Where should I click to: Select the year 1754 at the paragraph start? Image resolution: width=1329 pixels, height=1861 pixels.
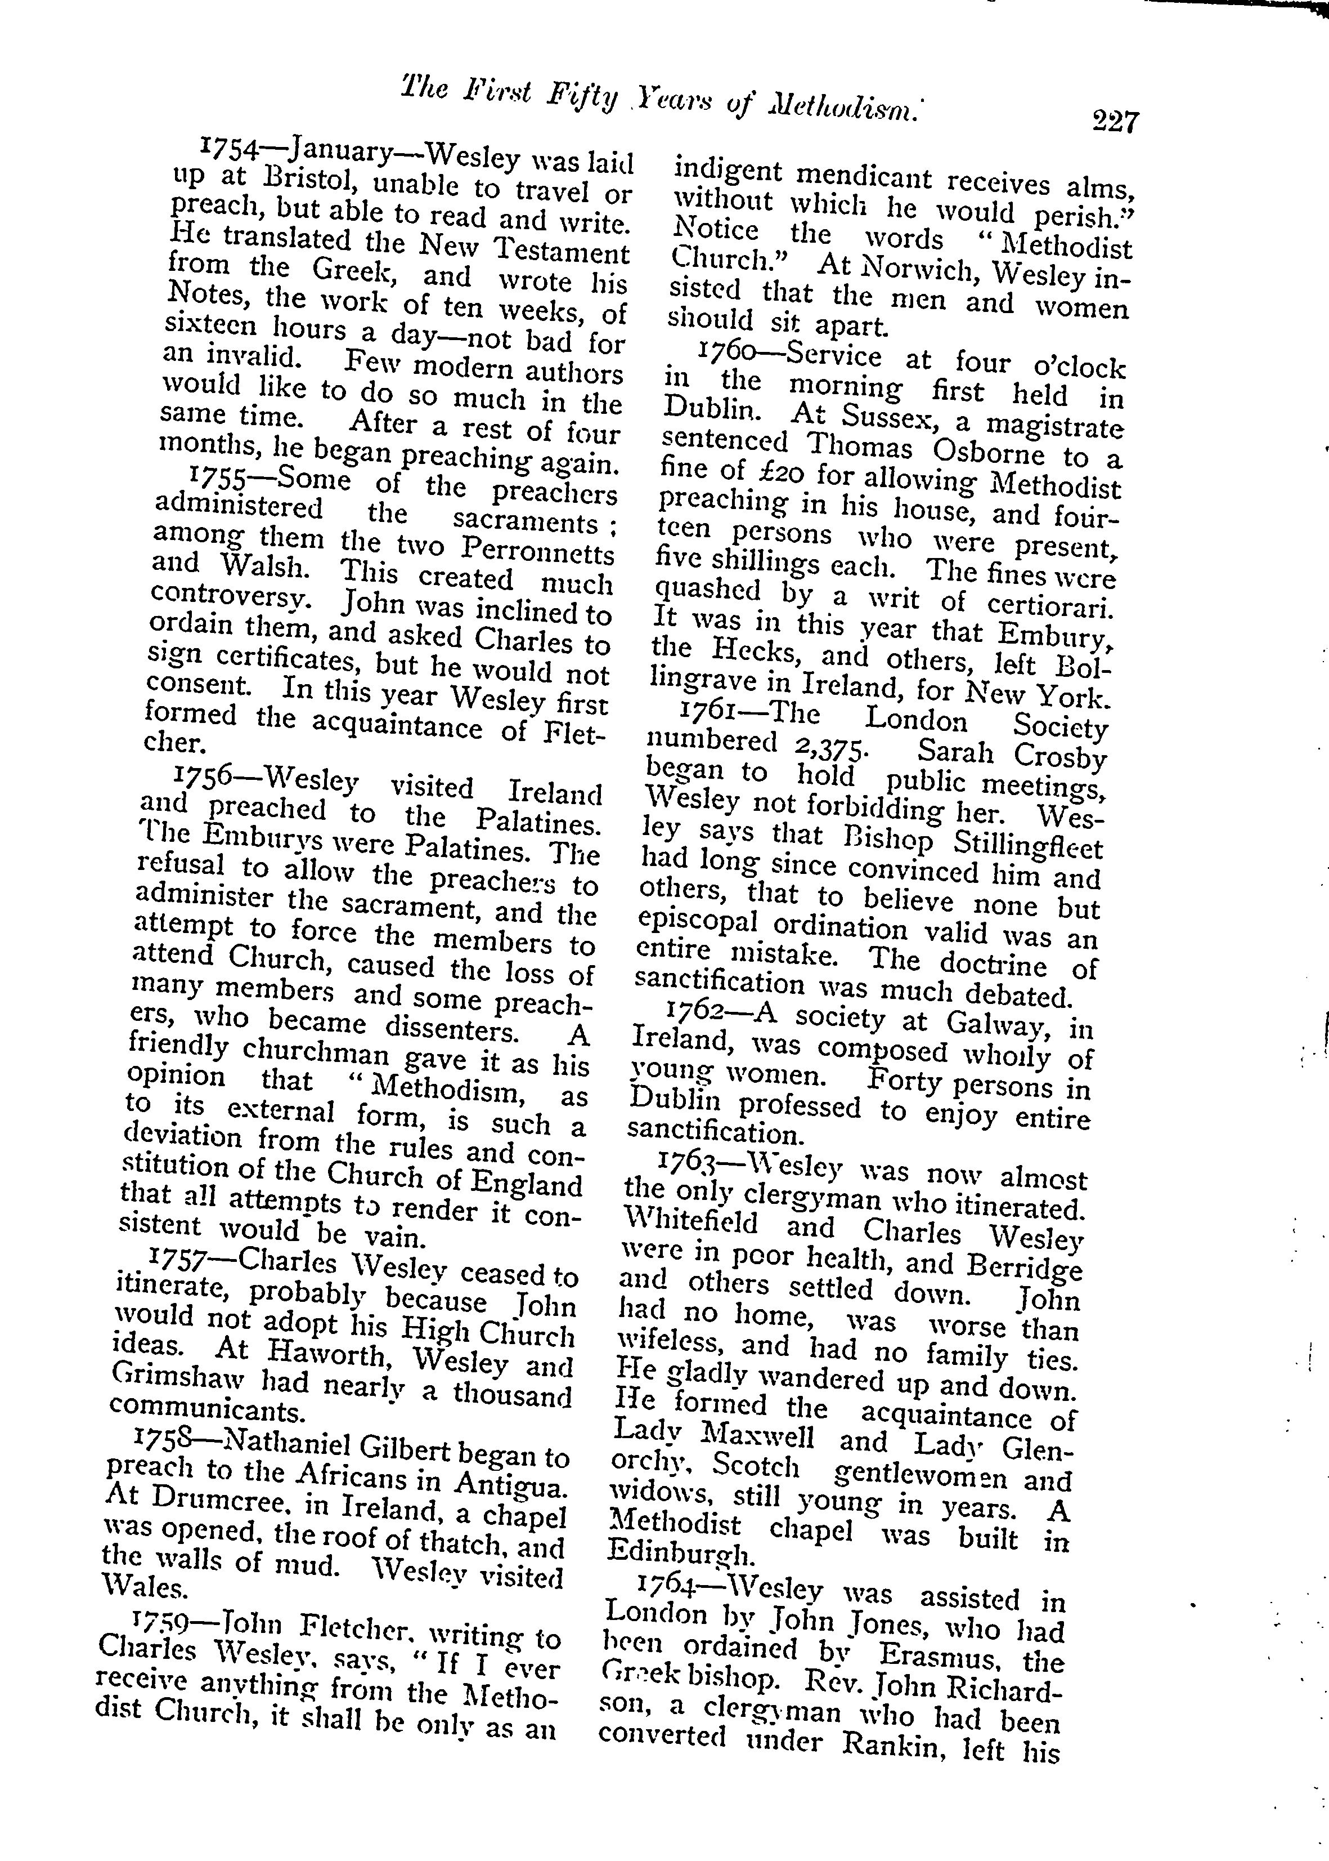pos(230,148)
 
